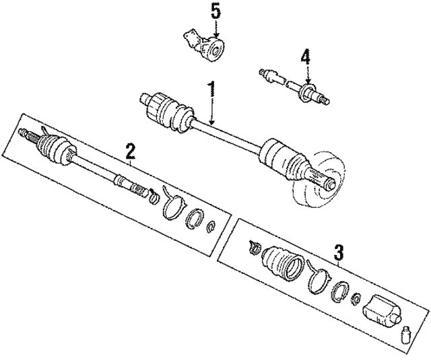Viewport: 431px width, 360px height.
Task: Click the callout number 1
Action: tap(211, 89)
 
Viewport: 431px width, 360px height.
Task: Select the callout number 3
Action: tap(339, 253)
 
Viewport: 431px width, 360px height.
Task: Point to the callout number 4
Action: tap(305, 58)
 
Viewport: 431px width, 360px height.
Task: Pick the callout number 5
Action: tap(215, 11)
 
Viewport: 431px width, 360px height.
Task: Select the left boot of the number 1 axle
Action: tap(168, 112)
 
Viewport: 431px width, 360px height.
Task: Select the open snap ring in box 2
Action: tap(196, 219)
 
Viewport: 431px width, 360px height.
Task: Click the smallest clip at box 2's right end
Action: tap(213, 225)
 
